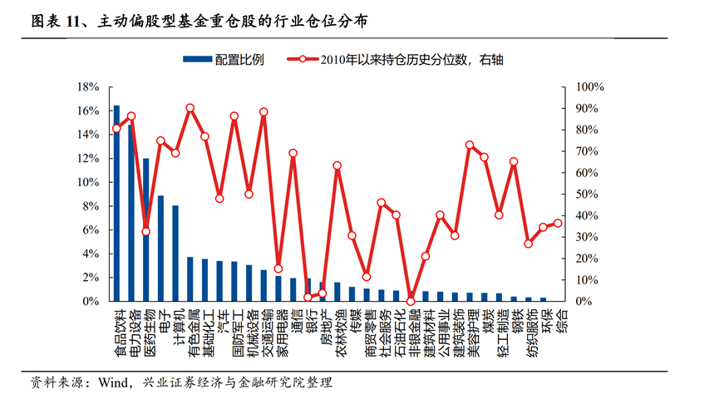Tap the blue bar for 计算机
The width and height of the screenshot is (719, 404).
tap(175, 253)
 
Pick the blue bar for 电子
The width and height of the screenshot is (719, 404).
tap(160, 249)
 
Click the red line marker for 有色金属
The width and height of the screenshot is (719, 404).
tap(190, 108)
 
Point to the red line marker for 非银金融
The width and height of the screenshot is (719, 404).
tap(411, 301)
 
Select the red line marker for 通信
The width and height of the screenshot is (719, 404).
tap(293, 153)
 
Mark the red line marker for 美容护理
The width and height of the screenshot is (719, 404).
tap(470, 145)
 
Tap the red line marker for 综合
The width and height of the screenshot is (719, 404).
tap(558, 223)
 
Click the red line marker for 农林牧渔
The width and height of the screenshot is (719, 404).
tap(337, 165)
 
